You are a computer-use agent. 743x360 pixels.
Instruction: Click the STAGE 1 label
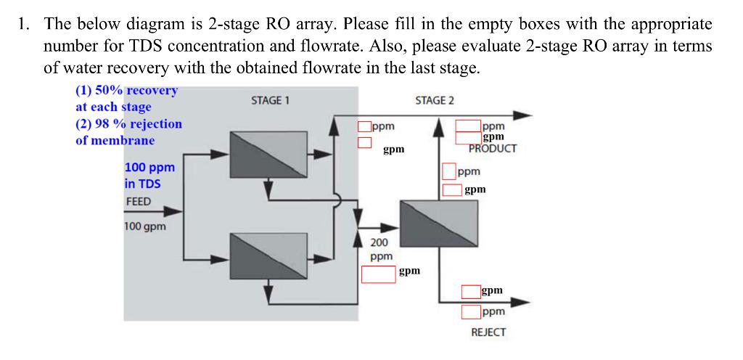coord(270,100)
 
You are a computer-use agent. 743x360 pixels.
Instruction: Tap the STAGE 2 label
coord(435,100)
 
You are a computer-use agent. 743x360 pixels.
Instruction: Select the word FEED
coord(139,201)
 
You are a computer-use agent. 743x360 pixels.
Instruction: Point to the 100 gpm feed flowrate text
coord(144,226)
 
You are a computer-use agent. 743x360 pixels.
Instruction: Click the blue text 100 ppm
coord(149,167)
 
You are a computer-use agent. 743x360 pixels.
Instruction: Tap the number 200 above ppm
coord(379,242)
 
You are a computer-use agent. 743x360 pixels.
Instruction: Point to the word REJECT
coord(488,332)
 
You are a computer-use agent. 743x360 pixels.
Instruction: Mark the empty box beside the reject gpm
coord(471,292)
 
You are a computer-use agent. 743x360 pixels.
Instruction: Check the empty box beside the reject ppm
coord(471,313)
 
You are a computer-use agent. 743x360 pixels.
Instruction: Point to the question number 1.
coord(25,23)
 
